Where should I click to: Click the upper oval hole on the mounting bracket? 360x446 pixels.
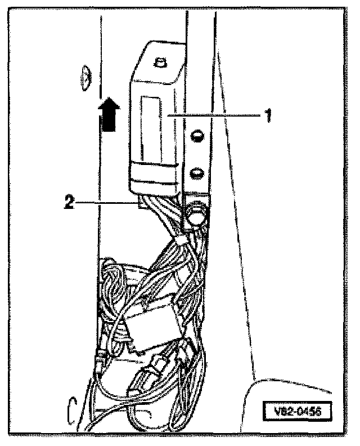click(196, 135)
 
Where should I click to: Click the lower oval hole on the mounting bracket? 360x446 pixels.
click(196, 171)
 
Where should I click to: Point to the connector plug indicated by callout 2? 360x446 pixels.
click(142, 204)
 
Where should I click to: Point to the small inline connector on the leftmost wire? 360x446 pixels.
click(101, 357)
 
